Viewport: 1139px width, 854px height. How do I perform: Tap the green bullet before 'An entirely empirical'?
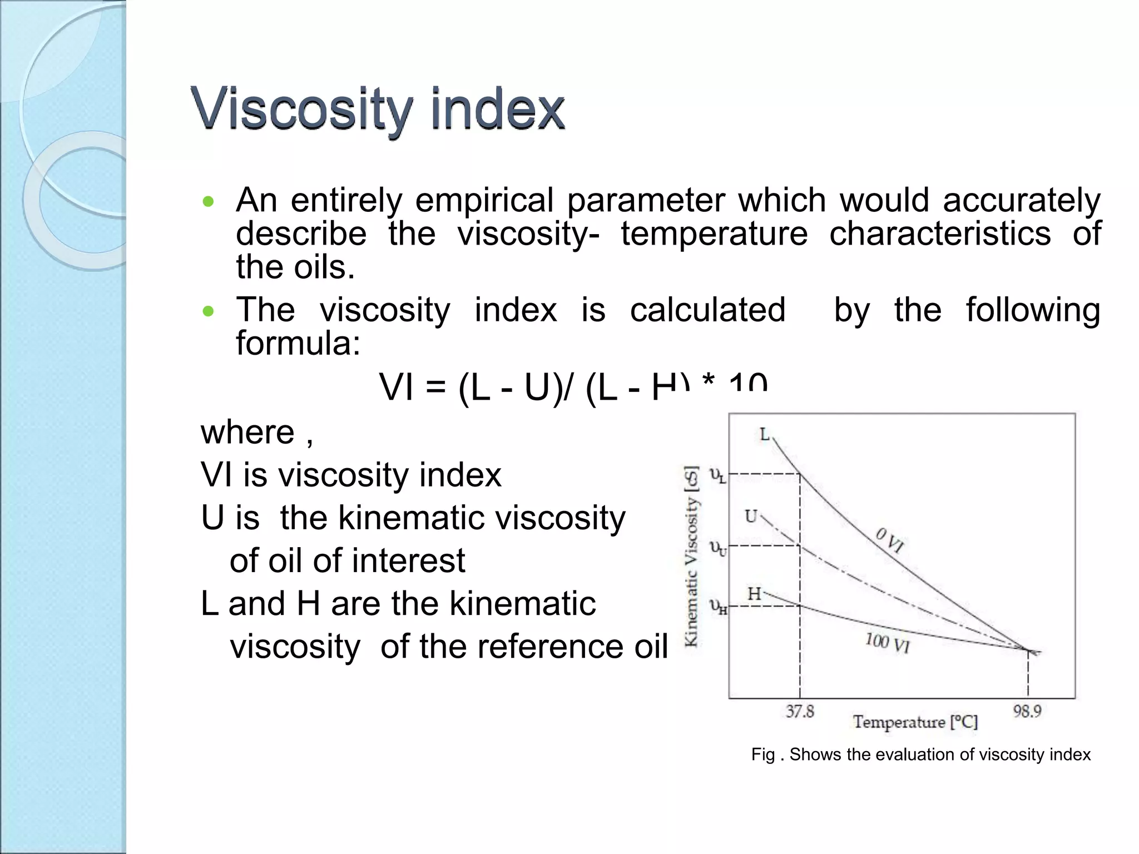point(208,202)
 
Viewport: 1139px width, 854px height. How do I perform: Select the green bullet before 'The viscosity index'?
point(208,311)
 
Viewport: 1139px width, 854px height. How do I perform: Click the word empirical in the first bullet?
point(484,200)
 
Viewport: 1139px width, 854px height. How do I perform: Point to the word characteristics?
point(940,234)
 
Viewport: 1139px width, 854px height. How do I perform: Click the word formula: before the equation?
point(298,344)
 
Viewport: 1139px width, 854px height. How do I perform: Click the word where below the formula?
point(247,433)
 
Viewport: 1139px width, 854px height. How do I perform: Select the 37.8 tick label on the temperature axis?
point(800,711)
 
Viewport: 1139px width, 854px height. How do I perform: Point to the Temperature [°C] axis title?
point(915,722)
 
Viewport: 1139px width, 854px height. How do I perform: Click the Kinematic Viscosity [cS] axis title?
point(691,556)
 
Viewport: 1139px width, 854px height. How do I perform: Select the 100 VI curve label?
point(887,643)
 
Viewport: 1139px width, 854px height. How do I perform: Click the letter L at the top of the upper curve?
point(765,434)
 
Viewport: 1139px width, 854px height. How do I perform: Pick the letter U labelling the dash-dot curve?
point(751,517)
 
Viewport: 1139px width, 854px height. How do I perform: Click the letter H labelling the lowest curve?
point(754,594)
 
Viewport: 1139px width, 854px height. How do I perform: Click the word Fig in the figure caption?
point(762,754)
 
